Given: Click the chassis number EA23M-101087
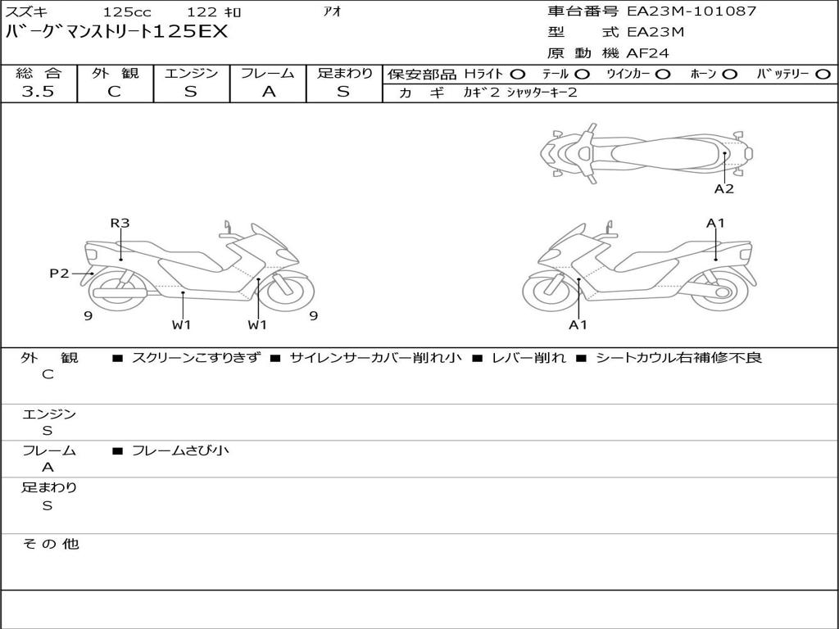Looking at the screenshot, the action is pos(692,11).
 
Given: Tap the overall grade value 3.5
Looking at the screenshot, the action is pos(38,92).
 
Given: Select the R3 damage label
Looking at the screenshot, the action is pos(120,223).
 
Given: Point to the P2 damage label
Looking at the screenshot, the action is pos(59,274).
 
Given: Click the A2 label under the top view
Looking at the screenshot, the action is pos(724,189).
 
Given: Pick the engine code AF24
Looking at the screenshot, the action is pos(647,53).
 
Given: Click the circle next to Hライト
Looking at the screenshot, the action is pos(518,75).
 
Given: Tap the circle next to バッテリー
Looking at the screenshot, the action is pos(823,75).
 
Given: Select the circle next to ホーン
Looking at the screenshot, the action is pos(730,75).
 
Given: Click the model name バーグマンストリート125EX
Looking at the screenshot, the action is pos(116,32).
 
